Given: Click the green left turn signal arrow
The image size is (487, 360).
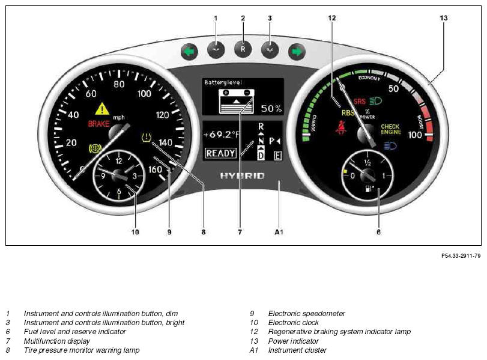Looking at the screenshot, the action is point(190,51).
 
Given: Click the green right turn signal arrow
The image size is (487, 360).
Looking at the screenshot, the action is point(297,52).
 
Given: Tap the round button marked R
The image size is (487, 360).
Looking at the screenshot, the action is point(243,49).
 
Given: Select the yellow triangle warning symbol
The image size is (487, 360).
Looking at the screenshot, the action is point(102,109).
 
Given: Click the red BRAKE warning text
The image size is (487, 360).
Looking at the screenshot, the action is point(98,124).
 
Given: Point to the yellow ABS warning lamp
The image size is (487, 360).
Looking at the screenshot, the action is point(95,148).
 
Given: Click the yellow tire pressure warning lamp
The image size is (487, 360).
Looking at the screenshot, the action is point(146,137).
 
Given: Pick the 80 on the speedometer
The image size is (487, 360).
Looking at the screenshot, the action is point(119,84).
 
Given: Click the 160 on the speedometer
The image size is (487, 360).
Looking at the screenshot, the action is point(155,169).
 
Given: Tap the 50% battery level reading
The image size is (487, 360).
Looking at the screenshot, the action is point(271,109).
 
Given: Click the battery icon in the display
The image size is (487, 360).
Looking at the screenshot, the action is point(237,102).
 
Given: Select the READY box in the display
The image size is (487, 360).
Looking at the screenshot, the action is point(220,153).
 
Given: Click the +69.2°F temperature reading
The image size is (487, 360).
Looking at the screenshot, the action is point(222,135).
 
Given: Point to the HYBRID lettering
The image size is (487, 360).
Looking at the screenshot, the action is point(243,176).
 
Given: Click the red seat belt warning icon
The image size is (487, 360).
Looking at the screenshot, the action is point(341,128).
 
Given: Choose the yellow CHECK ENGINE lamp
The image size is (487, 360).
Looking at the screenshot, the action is point(391,129).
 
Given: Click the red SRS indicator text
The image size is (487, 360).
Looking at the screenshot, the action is point(360,102).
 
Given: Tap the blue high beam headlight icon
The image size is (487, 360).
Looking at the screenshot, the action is point(390,146).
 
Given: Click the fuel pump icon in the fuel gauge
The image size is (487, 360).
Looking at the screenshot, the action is point(369,188).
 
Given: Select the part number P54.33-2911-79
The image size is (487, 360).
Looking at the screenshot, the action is point(461,255).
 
